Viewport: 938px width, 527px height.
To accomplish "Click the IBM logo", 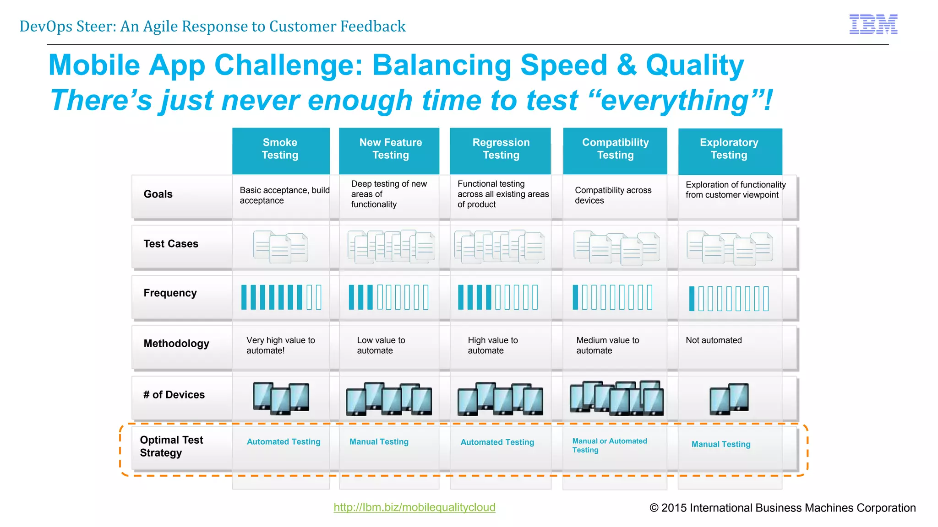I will coord(873,24).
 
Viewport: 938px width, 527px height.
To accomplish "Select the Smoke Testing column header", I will coord(280,149).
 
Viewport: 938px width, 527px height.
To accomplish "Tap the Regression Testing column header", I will coord(501,149).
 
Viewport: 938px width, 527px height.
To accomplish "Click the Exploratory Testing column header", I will coord(729,149).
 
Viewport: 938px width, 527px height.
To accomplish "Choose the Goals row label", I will coord(158,194).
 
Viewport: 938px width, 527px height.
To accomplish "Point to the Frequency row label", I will coord(170,293).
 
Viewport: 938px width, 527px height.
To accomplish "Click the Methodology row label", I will coord(176,344).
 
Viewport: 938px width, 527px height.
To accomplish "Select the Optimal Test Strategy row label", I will coord(171,446).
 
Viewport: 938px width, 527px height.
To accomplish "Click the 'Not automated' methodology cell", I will coord(714,340).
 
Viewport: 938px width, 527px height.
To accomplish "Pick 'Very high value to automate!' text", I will coord(280,345).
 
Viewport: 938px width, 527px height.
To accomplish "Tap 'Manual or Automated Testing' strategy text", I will coord(609,445).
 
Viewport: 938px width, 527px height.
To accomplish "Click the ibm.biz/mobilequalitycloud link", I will coord(414,507).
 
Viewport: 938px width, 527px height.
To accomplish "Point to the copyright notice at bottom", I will coord(782,508).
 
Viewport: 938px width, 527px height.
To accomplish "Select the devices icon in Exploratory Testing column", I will coord(729,399).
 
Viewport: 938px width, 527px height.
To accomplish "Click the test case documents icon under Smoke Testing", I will coord(280,247).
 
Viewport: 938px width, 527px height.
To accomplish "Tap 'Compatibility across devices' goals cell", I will coord(613,195).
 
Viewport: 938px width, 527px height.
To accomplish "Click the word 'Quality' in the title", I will coord(694,65).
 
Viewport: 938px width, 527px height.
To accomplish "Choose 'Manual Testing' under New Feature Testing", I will coord(379,442).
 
